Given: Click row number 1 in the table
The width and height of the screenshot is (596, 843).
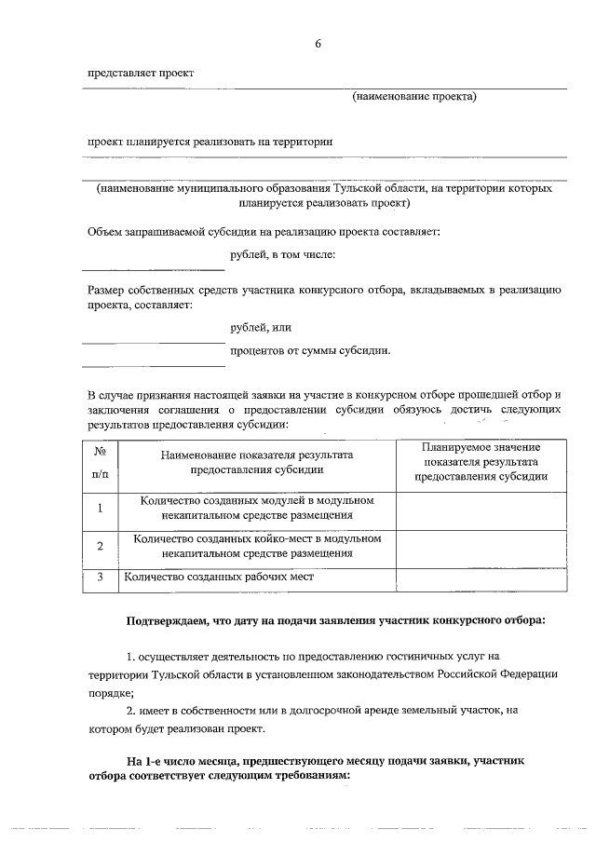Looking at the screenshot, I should coord(100,509).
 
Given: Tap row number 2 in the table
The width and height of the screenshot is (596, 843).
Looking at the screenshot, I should coord(100,546).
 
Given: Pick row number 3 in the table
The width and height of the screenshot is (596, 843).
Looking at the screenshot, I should coord(100,578).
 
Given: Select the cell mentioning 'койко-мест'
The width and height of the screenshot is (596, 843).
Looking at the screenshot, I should coord(256,546).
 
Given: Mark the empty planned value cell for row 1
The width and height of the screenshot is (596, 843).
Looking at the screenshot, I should coord(481,509).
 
